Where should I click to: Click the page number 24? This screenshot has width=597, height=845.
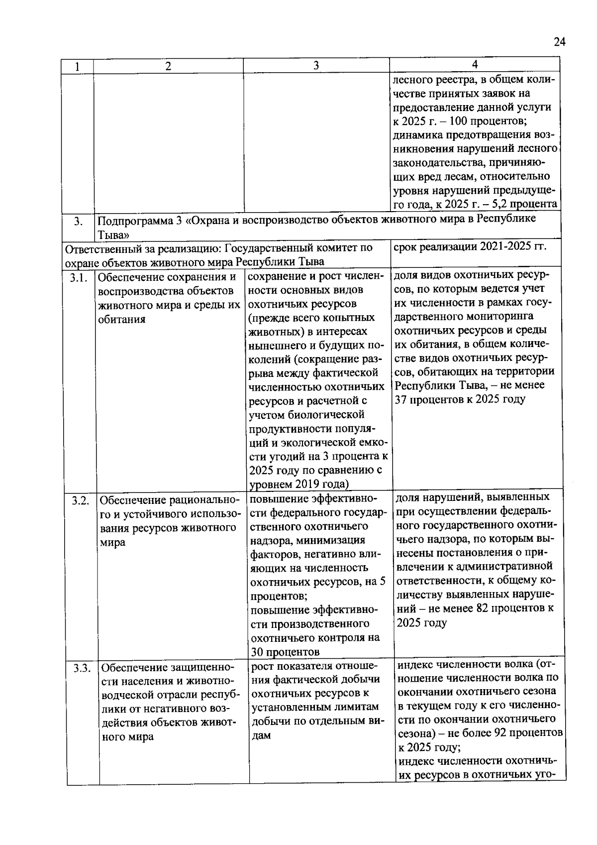[x=560, y=42]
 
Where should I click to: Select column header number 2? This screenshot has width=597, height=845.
[x=168, y=66]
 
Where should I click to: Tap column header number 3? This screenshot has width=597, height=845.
[x=316, y=66]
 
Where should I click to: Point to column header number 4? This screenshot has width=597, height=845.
[x=475, y=64]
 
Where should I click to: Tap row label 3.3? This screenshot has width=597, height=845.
[x=83, y=668]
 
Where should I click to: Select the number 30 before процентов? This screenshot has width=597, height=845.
[x=258, y=652]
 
